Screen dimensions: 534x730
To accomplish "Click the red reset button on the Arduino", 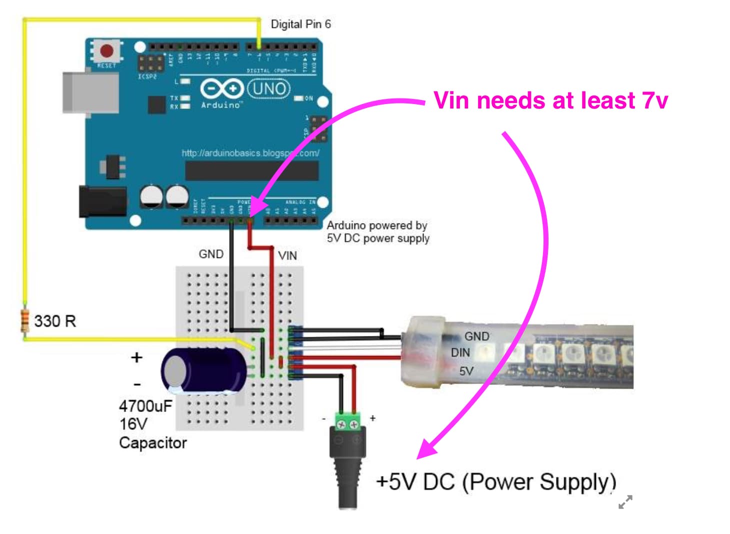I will (x=106, y=50).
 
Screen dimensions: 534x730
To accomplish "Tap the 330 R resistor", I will (x=24, y=321).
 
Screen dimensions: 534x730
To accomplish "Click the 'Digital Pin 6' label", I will (x=300, y=24).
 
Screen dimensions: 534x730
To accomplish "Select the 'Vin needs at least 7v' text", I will (x=550, y=100).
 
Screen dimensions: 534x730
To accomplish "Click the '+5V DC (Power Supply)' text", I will (x=495, y=482).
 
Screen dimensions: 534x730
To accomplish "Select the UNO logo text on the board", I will (x=269, y=89).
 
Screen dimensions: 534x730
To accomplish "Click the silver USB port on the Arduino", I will (x=90, y=92).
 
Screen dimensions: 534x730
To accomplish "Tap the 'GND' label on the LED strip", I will (x=476, y=336).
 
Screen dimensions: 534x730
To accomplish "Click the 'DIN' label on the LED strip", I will (x=460, y=353).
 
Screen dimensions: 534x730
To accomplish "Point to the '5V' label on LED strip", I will (x=466, y=371).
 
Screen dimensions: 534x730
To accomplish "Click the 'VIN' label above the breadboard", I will (x=287, y=255).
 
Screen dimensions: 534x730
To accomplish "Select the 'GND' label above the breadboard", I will (x=211, y=254).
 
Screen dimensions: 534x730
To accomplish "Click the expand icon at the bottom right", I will (x=625, y=501).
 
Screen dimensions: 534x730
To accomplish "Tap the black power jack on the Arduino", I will (x=102, y=201).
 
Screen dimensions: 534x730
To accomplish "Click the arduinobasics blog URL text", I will (x=250, y=153).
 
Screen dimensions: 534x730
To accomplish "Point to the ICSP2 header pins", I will (x=150, y=63).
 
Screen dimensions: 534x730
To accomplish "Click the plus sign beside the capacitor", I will (x=136, y=357).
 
